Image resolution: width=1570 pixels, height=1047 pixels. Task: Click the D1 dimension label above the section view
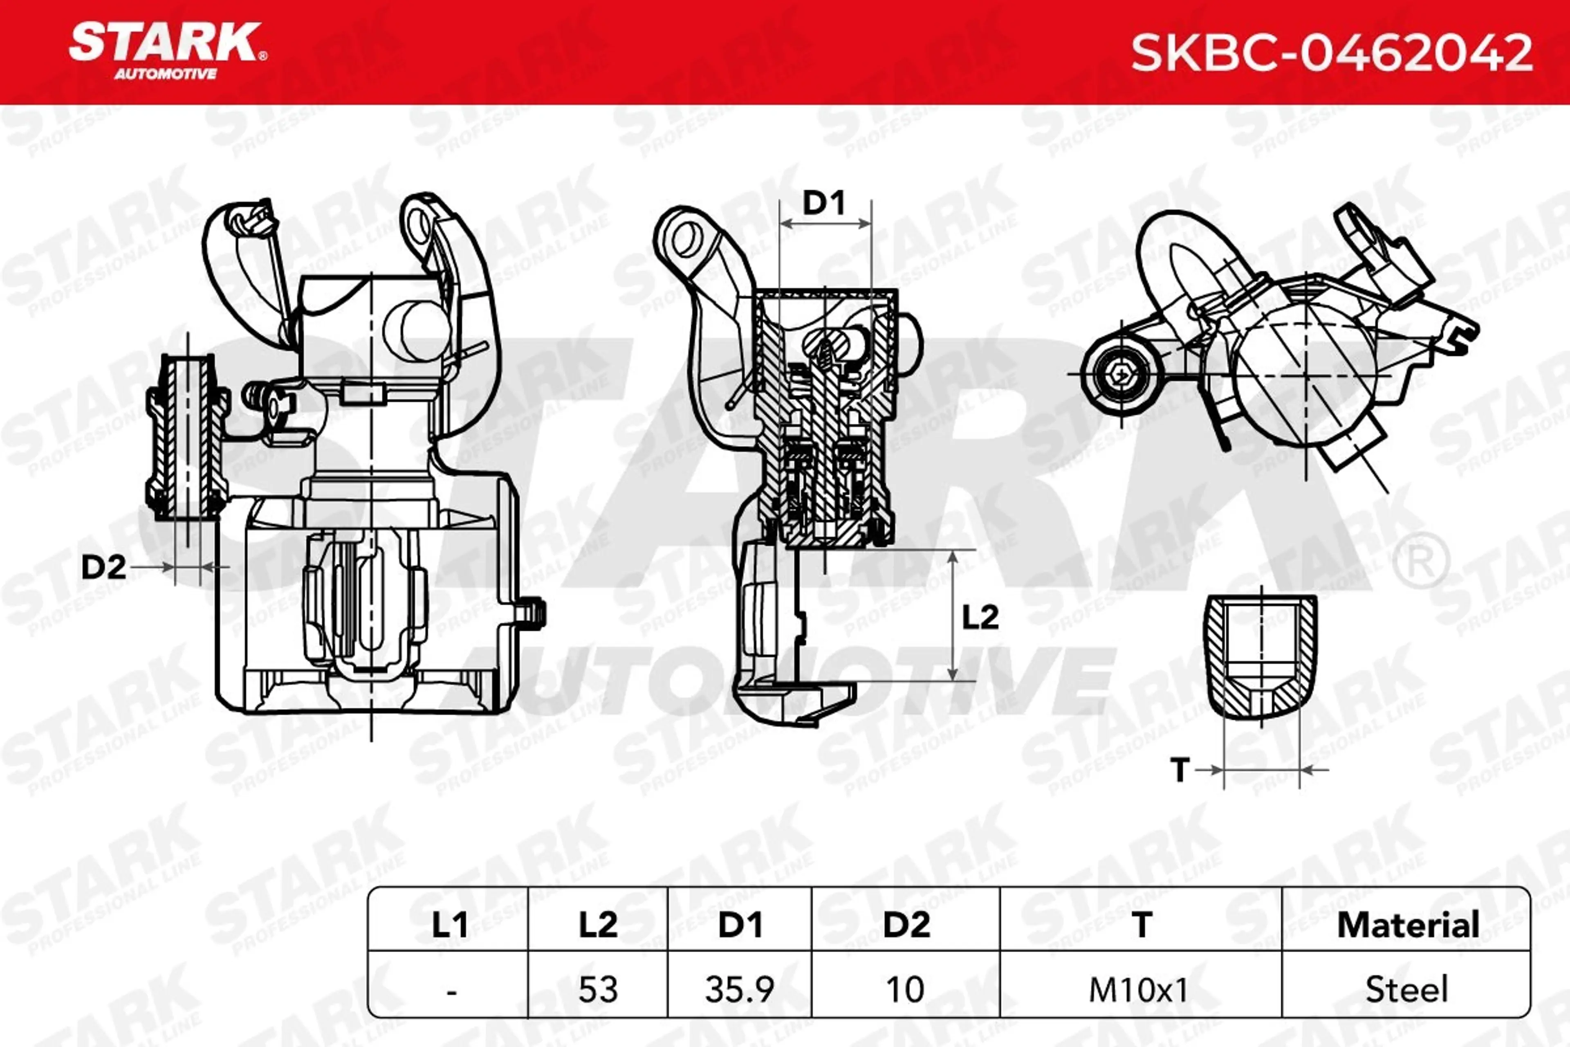(824, 202)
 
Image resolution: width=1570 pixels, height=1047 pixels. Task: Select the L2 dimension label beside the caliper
(980, 617)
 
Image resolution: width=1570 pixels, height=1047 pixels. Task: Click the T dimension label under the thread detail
(1180, 770)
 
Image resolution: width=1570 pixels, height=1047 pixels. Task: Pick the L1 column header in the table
(449, 925)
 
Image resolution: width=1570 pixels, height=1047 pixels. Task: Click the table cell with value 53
(597, 989)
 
